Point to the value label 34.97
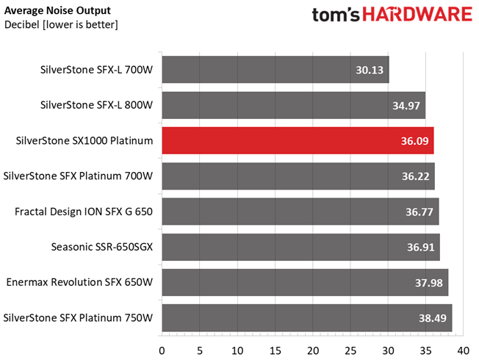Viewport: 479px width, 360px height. pyautogui.click(x=406, y=105)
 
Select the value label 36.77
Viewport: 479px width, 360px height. pyautogui.click(x=419, y=212)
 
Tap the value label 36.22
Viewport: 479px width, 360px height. pyautogui.click(x=416, y=176)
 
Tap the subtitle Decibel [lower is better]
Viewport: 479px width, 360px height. pyautogui.click(x=61, y=25)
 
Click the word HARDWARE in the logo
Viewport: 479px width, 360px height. pyautogui.click(x=415, y=15)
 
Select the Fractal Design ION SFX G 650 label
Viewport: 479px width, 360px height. pyautogui.click(x=84, y=212)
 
